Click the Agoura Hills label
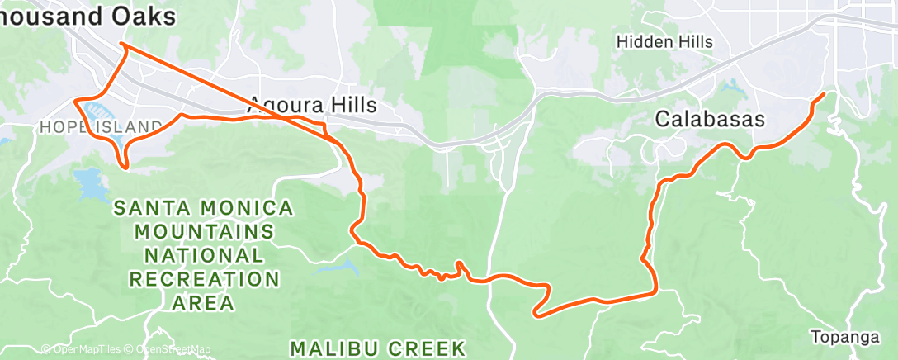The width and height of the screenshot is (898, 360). point(312,105)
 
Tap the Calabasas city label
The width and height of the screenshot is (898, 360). point(710,119)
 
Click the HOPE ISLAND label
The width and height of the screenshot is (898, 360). point(101,127)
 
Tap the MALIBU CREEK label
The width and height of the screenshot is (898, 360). point(378,344)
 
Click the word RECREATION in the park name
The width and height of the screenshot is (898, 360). point(204,279)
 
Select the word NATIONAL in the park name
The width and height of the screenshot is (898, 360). point(204,255)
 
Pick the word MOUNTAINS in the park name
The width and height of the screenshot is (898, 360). point(204,231)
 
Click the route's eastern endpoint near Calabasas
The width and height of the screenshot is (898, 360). point(823,95)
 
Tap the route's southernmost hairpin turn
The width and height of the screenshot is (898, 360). point(537,313)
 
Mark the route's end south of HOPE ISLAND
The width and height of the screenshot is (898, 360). point(126,168)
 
